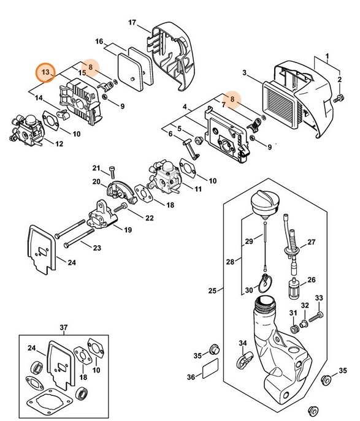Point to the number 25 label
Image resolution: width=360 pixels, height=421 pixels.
[x=213, y=290]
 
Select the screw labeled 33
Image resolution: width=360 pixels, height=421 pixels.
[x=315, y=316]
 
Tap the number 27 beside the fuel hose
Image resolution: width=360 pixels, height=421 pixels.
[x=311, y=242]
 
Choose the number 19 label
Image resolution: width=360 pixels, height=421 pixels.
[x=128, y=230]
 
